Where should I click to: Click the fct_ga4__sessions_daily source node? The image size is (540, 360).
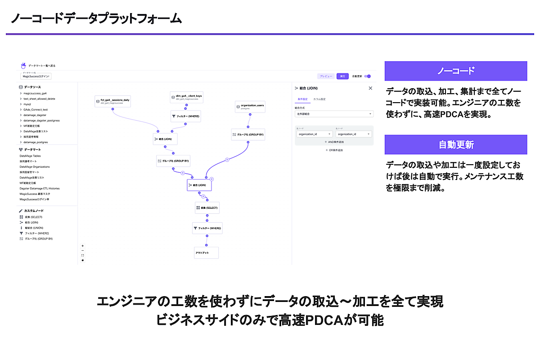coord(112,101)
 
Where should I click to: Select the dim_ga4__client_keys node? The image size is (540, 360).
coord(186,98)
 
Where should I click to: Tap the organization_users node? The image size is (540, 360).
coord(250,107)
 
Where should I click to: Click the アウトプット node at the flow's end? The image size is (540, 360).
coord(206,252)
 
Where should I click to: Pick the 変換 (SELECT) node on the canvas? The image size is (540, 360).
coord(207,208)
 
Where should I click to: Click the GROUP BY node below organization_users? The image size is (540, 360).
coord(247,134)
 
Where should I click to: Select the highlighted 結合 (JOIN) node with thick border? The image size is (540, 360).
coord(199,185)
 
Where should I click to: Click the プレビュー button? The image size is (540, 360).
coord(326,76)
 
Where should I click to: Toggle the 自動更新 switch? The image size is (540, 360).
coord(368,76)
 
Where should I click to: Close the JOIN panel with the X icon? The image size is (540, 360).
coord(370,88)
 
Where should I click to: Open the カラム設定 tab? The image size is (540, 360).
coord(319,99)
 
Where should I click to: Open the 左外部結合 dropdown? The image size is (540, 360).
coord(334,114)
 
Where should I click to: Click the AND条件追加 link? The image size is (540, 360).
coord(334,142)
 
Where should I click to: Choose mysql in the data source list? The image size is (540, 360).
coord(27,104)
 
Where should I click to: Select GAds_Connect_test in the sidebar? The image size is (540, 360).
coord(36,109)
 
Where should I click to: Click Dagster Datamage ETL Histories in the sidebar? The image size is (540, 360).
coord(40,189)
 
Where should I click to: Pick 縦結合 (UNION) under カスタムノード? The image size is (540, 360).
coord(34,228)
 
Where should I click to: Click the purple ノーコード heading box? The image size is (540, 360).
coord(455,71)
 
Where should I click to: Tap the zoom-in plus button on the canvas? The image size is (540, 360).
coord(83,246)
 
